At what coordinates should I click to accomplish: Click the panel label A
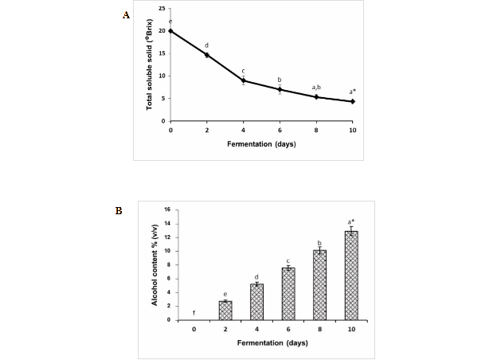[125, 15]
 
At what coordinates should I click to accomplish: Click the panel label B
[119, 211]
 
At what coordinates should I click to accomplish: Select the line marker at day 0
[170, 31]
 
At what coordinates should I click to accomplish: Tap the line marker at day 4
[243, 80]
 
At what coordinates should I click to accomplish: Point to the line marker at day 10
[352, 101]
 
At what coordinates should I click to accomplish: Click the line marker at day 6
[280, 89]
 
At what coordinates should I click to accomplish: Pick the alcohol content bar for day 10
[350, 276]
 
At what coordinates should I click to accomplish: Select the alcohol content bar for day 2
[225, 311]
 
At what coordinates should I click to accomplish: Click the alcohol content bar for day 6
[288, 294]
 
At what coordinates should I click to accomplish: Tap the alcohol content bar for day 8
[319, 285]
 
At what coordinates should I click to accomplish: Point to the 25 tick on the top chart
[162, 9]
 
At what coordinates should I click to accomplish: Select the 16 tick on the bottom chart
[166, 209]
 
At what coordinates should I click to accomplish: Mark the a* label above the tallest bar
[350, 221]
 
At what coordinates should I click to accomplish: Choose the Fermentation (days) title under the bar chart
[272, 342]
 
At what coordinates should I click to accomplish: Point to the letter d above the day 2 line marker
[207, 45]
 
